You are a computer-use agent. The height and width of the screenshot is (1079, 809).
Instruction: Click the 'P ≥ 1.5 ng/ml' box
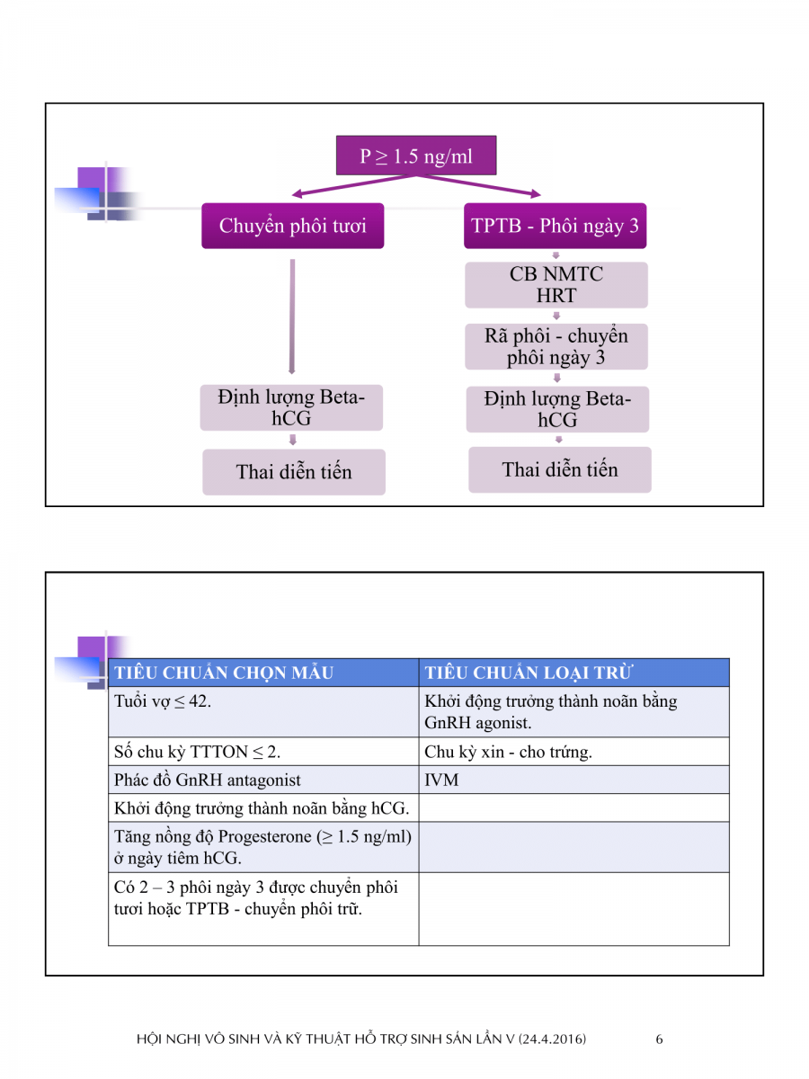[x=415, y=156]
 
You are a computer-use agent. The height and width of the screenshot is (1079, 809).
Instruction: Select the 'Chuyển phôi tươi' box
[x=292, y=226]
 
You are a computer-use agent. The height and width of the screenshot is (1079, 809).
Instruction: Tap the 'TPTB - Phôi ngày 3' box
[x=556, y=226]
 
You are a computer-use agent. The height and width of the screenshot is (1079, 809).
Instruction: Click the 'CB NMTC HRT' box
[x=556, y=285]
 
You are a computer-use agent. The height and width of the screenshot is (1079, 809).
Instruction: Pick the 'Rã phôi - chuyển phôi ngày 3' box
[x=556, y=346]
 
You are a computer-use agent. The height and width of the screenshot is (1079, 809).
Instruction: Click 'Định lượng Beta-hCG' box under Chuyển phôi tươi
[x=291, y=408]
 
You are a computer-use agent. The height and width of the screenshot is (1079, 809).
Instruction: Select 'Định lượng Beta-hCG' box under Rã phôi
[x=557, y=409]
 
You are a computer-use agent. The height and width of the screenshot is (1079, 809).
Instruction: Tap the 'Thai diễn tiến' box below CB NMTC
[x=559, y=469]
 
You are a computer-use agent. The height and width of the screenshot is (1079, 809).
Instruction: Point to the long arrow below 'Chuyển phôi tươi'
[x=291, y=315]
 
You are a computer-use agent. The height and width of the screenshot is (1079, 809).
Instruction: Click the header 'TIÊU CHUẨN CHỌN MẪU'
[x=224, y=673]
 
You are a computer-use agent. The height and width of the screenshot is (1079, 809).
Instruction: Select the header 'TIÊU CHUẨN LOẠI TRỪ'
[x=529, y=673]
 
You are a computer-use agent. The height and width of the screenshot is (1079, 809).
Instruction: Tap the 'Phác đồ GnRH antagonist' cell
[x=208, y=780]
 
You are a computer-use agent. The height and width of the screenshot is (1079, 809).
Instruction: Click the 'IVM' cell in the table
[x=441, y=780]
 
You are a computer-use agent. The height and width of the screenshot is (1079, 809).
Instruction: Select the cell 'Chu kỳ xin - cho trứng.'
[x=508, y=753]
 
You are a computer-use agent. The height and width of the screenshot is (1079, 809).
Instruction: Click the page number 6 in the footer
[x=659, y=1039]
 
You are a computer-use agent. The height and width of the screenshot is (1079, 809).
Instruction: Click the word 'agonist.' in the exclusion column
[x=504, y=723]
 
